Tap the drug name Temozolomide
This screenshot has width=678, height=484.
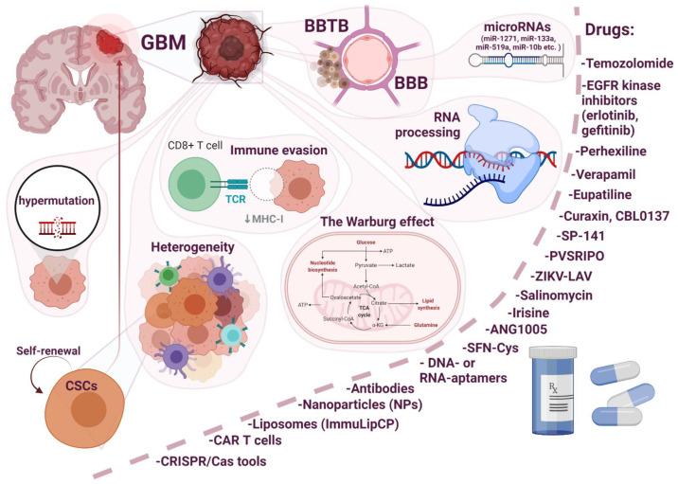pyautogui.click(x=629, y=63)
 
